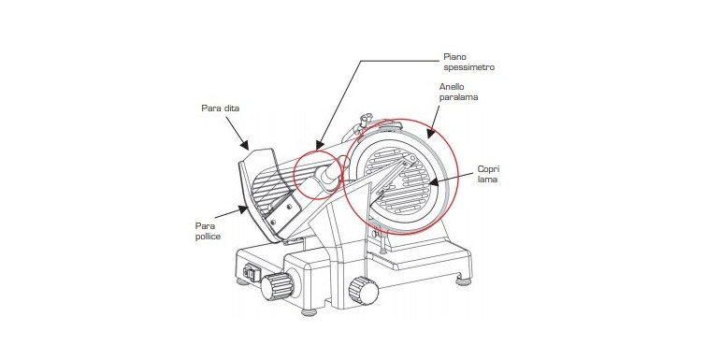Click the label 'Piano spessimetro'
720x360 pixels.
click(x=468, y=62)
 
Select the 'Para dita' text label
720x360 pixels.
click(x=221, y=108)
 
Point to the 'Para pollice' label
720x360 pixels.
click(x=208, y=231)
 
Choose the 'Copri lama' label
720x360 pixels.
click(x=487, y=174)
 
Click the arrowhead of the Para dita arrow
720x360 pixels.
click(x=244, y=145)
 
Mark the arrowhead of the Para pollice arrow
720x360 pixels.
click(x=242, y=209)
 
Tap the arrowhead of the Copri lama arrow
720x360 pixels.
click(x=433, y=182)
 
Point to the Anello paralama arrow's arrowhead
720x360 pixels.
click(x=429, y=133)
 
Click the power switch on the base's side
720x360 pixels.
click(x=252, y=273)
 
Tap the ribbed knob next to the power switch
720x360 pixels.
click(x=278, y=285)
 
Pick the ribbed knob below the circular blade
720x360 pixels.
click(x=363, y=290)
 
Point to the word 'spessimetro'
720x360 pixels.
click(x=468, y=67)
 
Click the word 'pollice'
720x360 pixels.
click(x=208, y=236)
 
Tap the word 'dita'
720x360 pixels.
click(x=232, y=108)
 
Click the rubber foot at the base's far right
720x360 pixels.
click(x=464, y=281)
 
